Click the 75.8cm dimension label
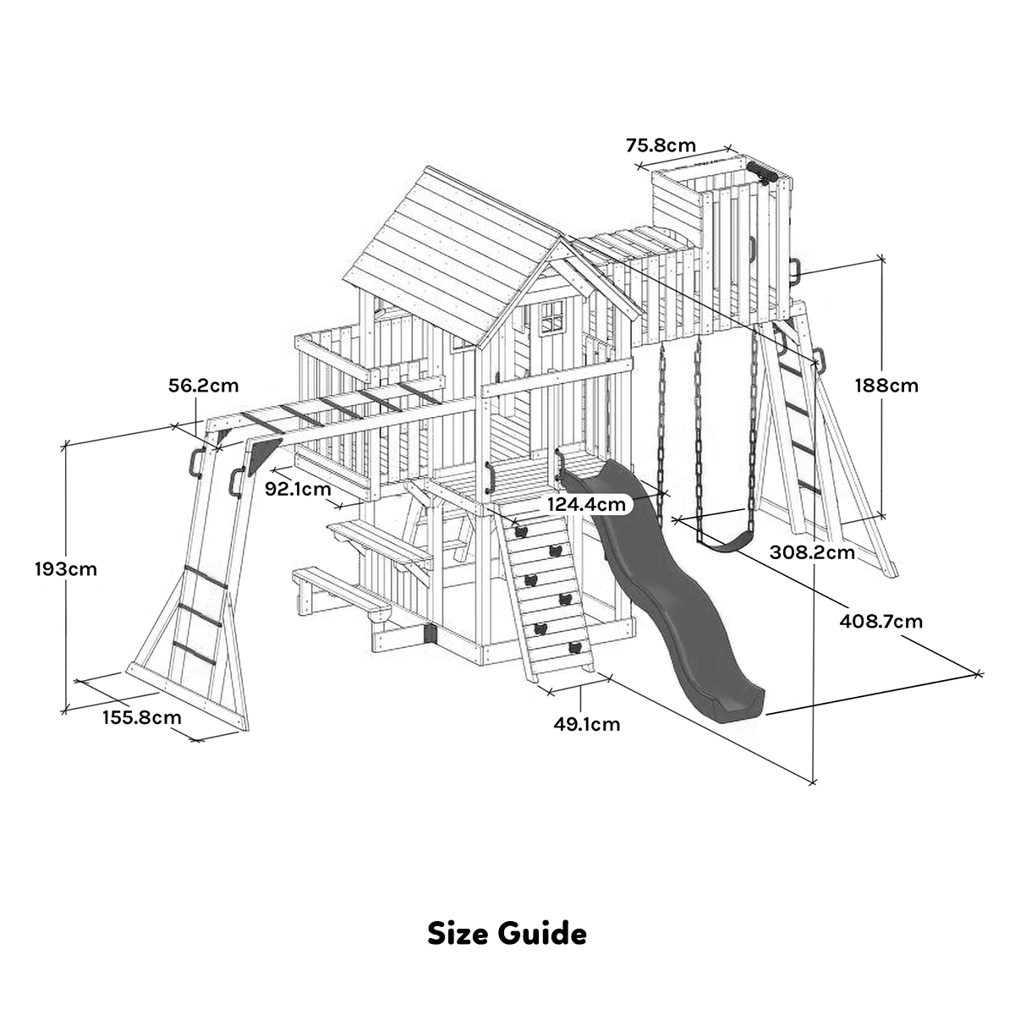[661, 145]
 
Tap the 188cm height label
[886, 386]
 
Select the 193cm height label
[65, 569]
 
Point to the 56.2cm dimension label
[203, 387]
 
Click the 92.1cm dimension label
[298, 489]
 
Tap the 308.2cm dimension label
[813, 552]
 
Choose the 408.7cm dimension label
[881, 622]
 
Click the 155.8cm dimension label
[141, 718]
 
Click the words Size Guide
[507, 934]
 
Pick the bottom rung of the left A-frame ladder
[194, 651]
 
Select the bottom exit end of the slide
[732, 707]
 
